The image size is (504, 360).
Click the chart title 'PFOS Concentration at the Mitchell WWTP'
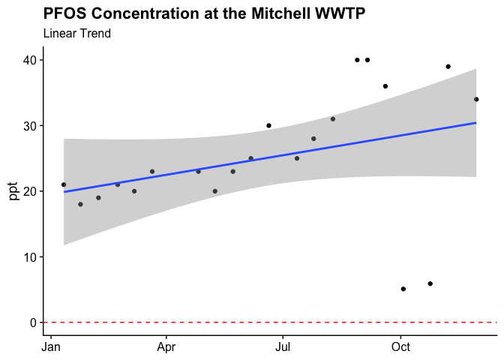[x=204, y=13]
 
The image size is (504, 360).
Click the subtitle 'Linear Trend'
[x=77, y=34]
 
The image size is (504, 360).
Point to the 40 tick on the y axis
[x=31, y=60]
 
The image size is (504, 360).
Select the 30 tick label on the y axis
[x=31, y=125]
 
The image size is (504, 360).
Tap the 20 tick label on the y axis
[x=31, y=191]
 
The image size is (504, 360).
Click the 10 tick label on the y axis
[x=31, y=256]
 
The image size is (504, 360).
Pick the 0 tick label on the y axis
[x=34, y=322]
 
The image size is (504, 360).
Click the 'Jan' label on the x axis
[x=51, y=348]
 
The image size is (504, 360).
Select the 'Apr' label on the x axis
[x=166, y=348]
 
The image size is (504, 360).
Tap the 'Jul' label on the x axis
[x=283, y=348]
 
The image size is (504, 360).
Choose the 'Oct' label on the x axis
[x=400, y=348]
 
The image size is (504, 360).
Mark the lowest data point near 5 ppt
[x=403, y=289]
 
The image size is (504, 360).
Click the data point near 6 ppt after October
[x=430, y=283]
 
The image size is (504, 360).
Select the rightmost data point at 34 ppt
[x=476, y=99]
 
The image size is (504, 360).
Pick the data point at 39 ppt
[x=448, y=67]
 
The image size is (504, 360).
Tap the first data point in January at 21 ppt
[x=64, y=184]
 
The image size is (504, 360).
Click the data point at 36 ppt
[x=385, y=86]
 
